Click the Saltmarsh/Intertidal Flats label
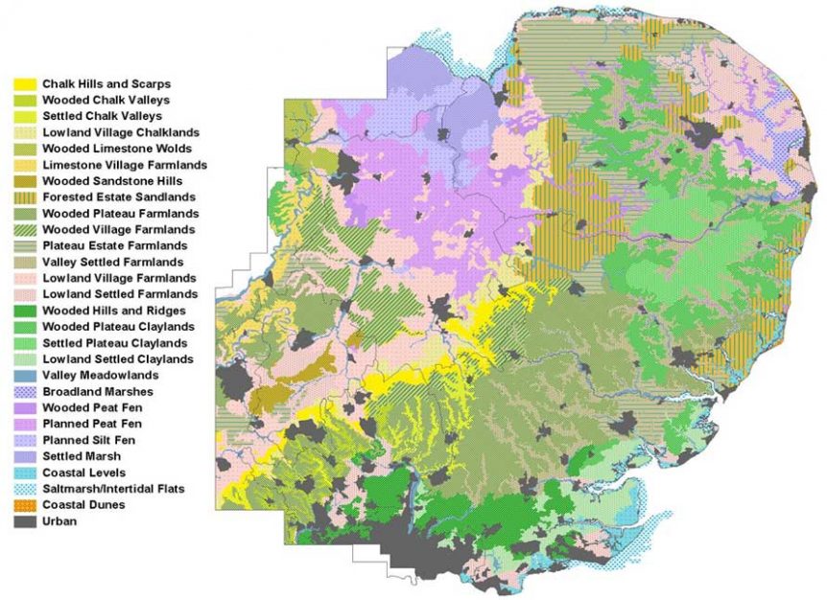[113, 489]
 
